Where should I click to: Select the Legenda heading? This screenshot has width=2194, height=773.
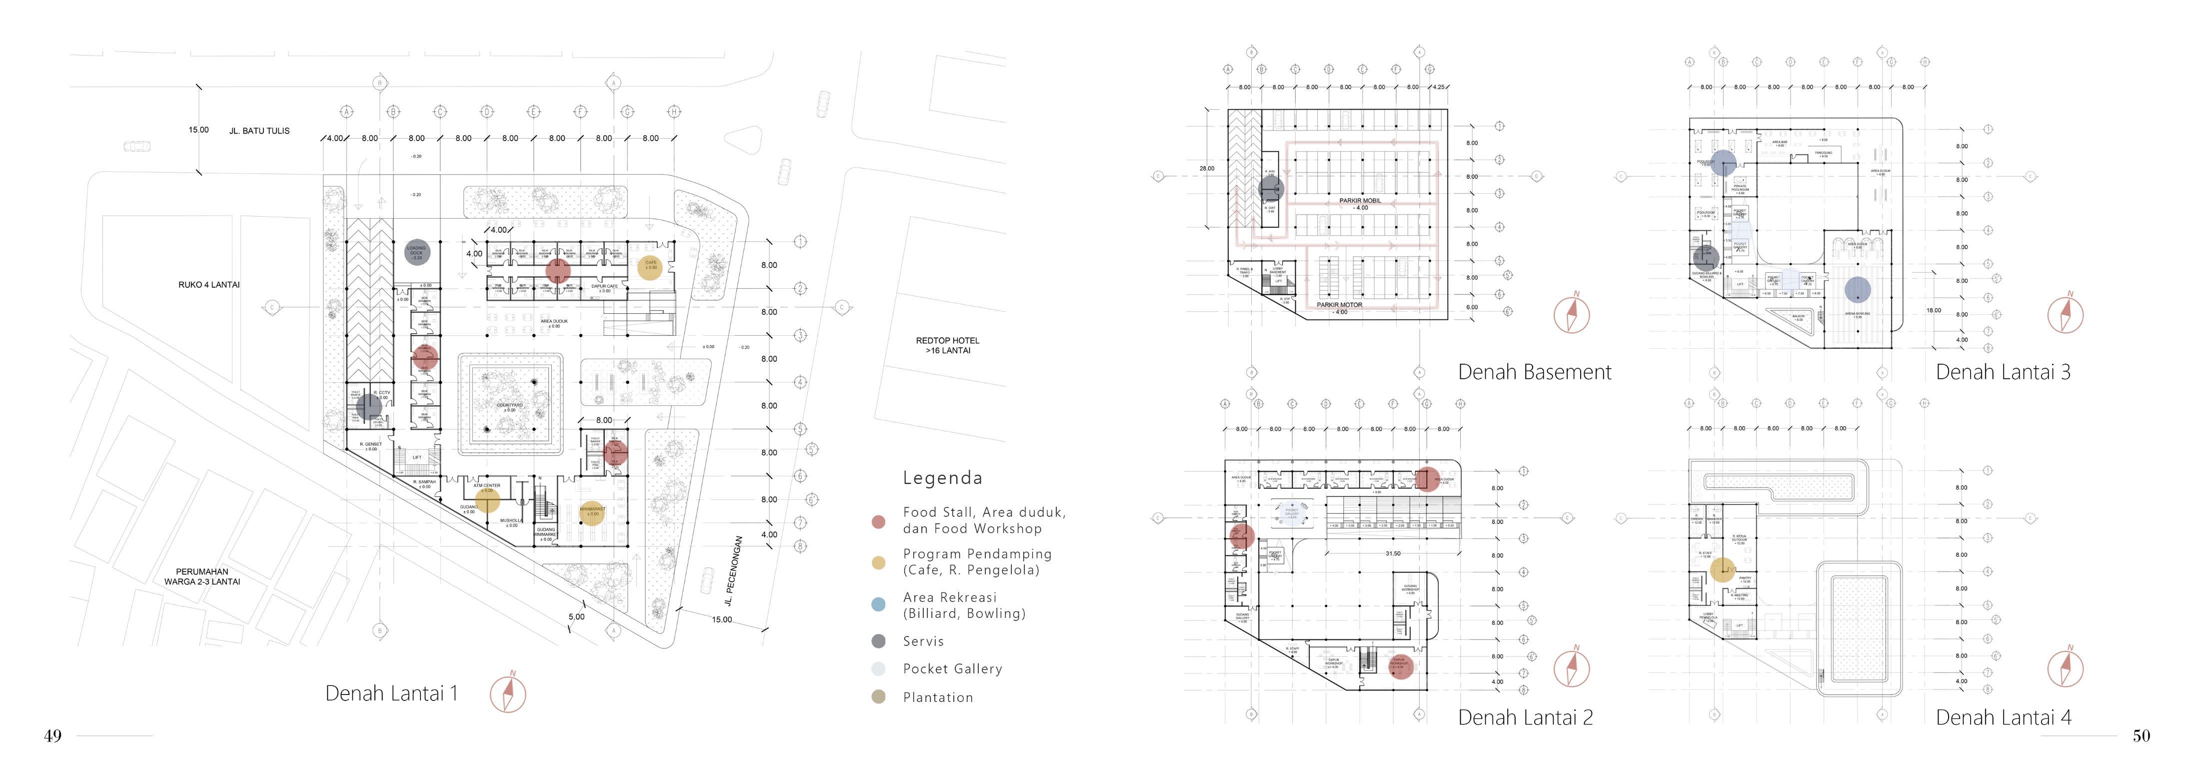tap(942, 478)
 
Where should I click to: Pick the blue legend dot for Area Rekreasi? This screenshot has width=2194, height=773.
tap(878, 605)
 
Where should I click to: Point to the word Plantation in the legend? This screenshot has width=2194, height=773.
tap(938, 697)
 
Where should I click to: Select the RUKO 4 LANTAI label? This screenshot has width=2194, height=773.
tap(208, 285)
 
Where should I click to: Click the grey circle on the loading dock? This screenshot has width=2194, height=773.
tap(416, 252)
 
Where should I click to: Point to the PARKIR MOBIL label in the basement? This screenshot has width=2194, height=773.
tap(1360, 201)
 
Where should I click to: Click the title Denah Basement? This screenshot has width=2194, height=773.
tap(1534, 372)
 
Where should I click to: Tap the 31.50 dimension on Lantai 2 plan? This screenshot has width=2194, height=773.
tap(1393, 554)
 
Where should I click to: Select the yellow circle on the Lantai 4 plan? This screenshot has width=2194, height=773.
tap(1722, 570)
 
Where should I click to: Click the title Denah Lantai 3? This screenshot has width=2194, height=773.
tap(2003, 372)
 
